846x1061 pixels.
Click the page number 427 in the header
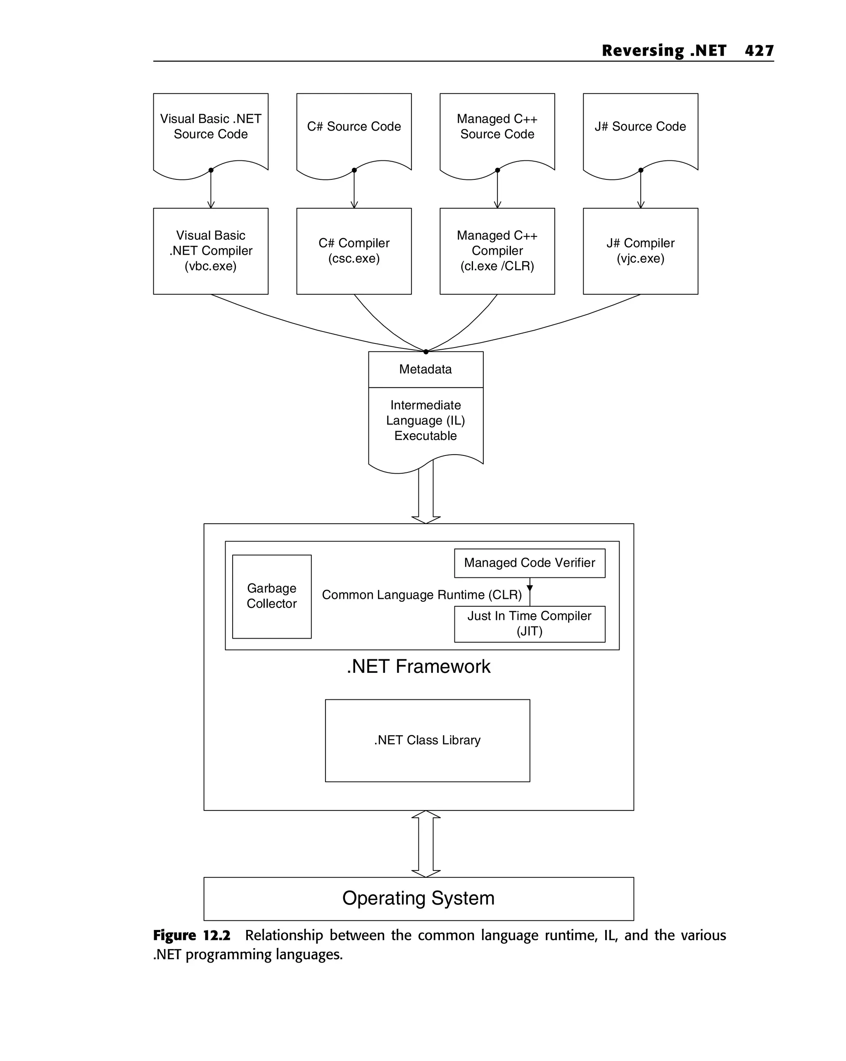click(x=758, y=51)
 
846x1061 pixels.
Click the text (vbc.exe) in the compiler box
click(x=211, y=266)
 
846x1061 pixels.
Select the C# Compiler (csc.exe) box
click(x=354, y=251)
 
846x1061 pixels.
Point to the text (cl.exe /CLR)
click(x=497, y=266)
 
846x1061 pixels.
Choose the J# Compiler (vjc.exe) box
click(x=640, y=251)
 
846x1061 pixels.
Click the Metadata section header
click(x=425, y=369)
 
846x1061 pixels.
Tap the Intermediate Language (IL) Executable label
click(x=425, y=420)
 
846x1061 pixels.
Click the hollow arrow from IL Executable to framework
click(x=426, y=495)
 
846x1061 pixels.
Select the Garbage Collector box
click(x=271, y=596)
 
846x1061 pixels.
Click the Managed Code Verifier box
click(x=529, y=563)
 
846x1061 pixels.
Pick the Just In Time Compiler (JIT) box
click(x=529, y=624)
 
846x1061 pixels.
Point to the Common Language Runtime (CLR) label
click(x=421, y=595)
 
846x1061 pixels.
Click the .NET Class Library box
click(x=427, y=740)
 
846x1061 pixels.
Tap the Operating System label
click(x=418, y=898)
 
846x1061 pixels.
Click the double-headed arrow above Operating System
click(x=426, y=844)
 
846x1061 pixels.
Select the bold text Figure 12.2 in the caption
click(x=191, y=935)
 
